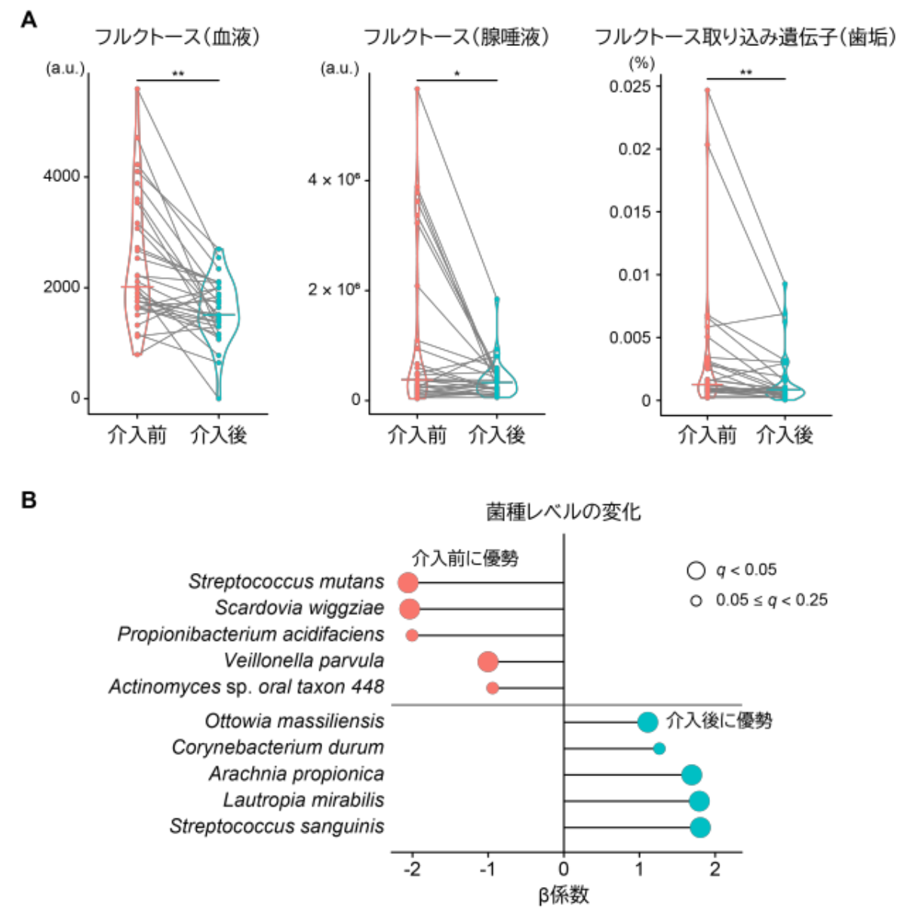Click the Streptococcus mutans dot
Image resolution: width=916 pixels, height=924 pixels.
coord(408,583)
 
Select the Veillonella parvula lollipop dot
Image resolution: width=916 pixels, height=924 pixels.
coord(488,662)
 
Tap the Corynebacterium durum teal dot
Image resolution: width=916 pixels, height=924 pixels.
coord(659,749)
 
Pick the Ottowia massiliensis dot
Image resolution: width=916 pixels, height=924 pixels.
coord(647,722)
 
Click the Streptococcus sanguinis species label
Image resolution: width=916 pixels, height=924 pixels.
coord(277,827)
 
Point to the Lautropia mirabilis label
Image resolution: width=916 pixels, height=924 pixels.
coord(303,800)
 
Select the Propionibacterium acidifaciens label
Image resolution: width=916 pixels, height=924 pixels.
coord(251,634)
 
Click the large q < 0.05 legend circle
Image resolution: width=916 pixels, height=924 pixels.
coord(696,571)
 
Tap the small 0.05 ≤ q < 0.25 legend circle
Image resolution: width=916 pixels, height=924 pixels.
coord(696,601)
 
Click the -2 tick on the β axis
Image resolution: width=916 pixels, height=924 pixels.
coord(411,868)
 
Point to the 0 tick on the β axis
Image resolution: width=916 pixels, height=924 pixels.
coord(564,868)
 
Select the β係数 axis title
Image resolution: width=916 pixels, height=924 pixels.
coord(564,895)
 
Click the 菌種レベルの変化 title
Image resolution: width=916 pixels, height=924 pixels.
coord(564,513)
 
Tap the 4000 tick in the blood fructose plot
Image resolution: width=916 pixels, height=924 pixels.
coord(61,176)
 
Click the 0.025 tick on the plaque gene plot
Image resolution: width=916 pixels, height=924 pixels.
coord(630,86)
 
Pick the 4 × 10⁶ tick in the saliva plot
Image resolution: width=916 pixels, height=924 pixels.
coord(333,180)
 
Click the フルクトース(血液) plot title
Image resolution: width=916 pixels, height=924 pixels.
coord(177,37)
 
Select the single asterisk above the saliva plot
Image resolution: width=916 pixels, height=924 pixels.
coord(457,74)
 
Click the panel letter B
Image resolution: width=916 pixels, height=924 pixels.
coord(29,500)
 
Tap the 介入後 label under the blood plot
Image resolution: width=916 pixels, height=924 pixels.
coord(219,435)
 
